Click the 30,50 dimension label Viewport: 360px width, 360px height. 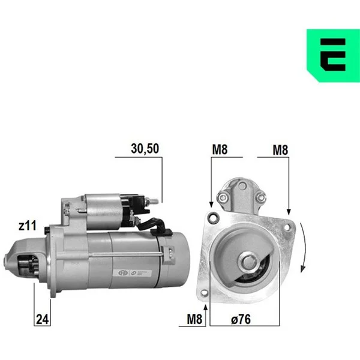pos(145,149)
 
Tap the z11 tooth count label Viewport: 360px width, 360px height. pos(28,226)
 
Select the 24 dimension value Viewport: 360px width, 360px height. pos(43,319)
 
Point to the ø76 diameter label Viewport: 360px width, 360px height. pos(241,319)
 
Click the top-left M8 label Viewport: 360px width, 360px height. pos(220,149)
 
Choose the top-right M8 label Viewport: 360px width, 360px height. pos(280,150)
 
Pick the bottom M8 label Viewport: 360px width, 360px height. pos(194,319)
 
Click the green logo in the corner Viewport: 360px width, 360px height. pos(334,55)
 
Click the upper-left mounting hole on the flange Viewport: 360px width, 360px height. pos(213,217)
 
